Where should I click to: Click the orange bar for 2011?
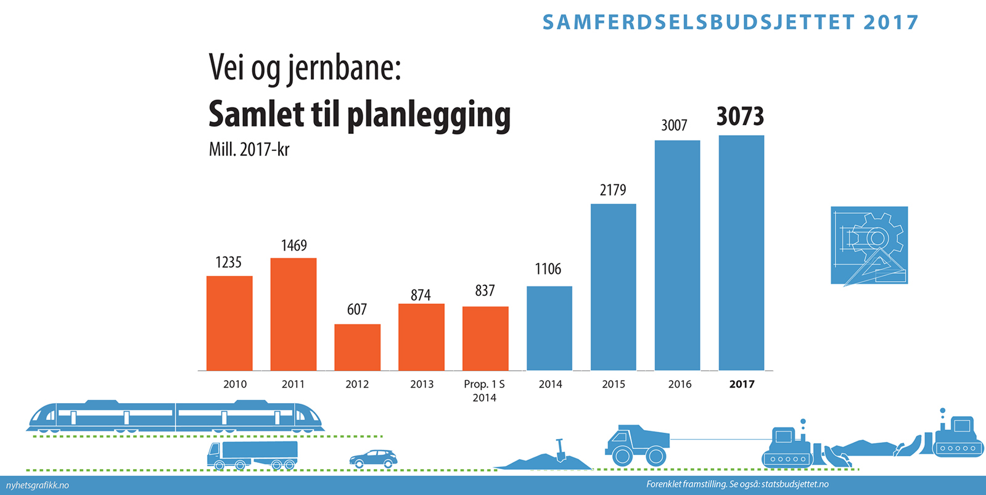point(294,314)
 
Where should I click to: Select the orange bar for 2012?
point(357,347)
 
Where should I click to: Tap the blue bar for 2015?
point(613,287)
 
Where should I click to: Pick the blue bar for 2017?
point(741,253)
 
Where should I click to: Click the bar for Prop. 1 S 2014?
point(485,338)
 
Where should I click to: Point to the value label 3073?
point(740,117)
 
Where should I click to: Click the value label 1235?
point(228,263)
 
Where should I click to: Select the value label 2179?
point(613,190)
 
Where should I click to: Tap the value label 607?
point(357,309)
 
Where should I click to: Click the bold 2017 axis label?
point(741,384)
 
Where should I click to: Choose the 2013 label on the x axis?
point(422,384)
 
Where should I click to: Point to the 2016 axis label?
point(680,384)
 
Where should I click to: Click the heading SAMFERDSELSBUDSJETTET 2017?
point(730,22)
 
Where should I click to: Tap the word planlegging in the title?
point(429,115)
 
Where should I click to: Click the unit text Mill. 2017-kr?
point(249,150)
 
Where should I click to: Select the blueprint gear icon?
point(869,245)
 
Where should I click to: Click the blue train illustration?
point(175,416)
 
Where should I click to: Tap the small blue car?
point(373,459)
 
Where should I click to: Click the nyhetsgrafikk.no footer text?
point(37,485)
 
